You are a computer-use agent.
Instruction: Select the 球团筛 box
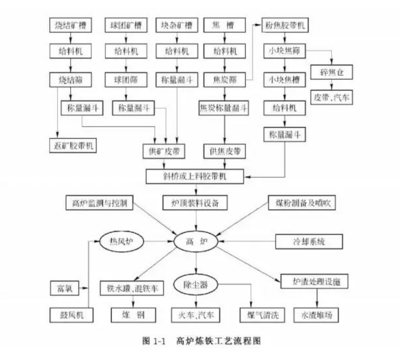[125, 80]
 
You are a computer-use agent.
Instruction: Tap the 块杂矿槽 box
[177, 25]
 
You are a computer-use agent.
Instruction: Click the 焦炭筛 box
[225, 80]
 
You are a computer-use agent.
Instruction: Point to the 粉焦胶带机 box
[286, 25]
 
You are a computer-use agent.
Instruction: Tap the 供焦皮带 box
[225, 151]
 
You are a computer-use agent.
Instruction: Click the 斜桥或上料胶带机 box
[195, 175]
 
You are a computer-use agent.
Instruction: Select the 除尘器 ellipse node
[195, 285]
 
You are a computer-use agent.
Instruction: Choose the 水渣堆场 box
[316, 314]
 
